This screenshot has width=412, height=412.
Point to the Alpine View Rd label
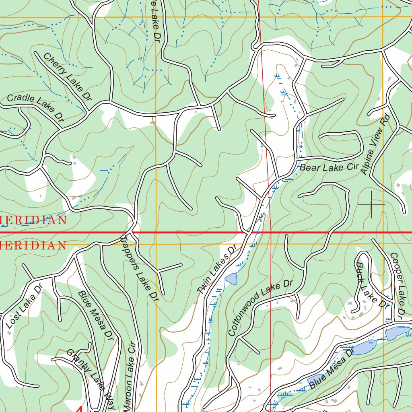coord(375,144)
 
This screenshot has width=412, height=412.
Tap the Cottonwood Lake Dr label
coord(260,308)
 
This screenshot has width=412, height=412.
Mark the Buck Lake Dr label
coord(371,285)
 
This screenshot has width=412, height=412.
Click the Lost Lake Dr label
coord(24,306)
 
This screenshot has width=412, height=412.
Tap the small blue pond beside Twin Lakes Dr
coord(231,278)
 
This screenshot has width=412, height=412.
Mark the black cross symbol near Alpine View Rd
coord(371,204)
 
